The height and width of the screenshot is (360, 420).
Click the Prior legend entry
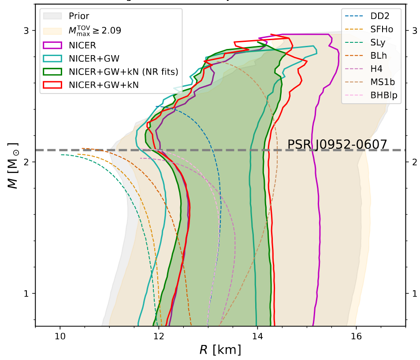(x=79, y=17)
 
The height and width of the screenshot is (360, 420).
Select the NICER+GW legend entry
(x=94, y=58)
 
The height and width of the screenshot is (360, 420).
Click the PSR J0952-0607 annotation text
(x=337, y=144)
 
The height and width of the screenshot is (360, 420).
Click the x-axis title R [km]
(x=220, y=351)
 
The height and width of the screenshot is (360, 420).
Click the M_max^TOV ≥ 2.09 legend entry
(x=95, y=30)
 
